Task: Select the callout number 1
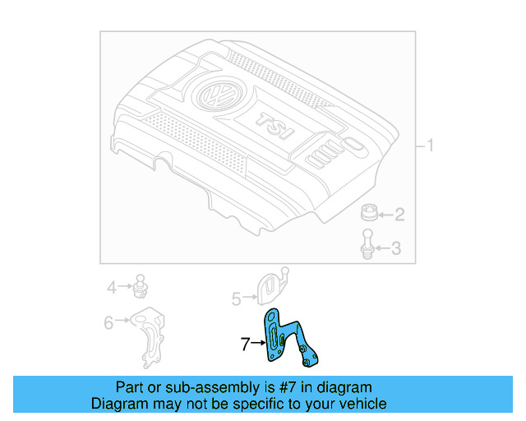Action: pyautogui.click(x=429, y=147)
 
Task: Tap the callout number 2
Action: pyautogui.click(x=399, y=215)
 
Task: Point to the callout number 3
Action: pyautogui.click(x=395, y=248)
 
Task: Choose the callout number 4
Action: pyautogui.click(x=112, y=287)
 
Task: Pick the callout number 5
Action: pyautogui.click(x=236, y=299)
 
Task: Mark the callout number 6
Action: pyautogui.click(x=108, y=323)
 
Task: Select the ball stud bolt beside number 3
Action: pyautogui.click(x=367, y=245)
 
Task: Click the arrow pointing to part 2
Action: pyautogui.click(x=385, y=215)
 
